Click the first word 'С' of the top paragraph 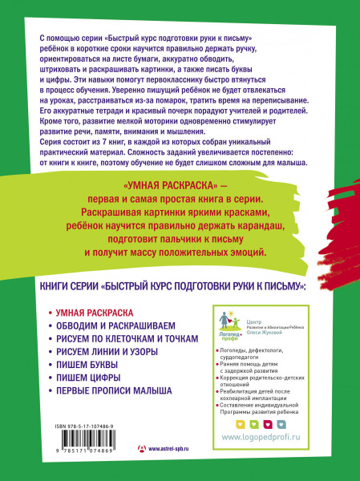tap(41, 38)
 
